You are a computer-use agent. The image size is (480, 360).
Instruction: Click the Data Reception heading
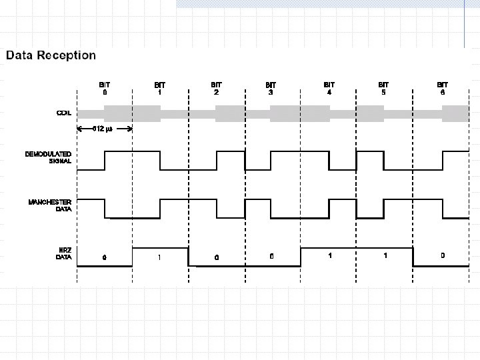click(51, 55)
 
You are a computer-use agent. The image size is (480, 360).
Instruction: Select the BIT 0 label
click(105, 89)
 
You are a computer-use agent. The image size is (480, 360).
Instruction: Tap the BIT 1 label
click(160, 89)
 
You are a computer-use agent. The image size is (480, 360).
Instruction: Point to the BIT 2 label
click(216, 89)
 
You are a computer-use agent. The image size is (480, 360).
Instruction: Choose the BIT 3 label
click(271, 89)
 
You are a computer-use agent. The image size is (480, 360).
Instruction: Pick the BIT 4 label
click(329, 89)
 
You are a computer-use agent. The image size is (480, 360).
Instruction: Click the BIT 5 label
click(383, 89)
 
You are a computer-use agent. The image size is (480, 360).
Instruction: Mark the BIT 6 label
click(442, 89)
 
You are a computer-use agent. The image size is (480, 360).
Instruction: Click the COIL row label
click(63, 113)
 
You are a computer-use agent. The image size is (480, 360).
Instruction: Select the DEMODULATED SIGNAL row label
click(48, 158)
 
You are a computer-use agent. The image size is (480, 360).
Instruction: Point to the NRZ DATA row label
click(63, 253)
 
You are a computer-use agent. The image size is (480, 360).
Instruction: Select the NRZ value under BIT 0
click(104, 257)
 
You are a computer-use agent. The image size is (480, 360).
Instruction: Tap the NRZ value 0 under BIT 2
click(217, 257)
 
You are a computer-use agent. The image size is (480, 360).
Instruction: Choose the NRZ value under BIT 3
click(271, 256)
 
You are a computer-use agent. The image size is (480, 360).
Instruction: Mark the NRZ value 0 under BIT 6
click(442, 255)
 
